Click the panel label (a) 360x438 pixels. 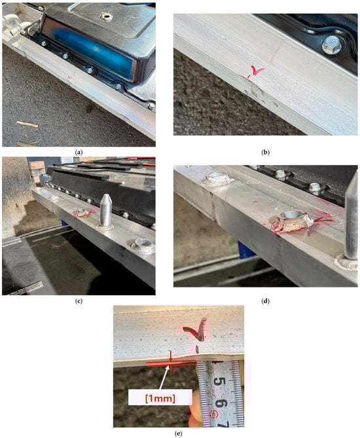pyautogui.click(x=79, y=153)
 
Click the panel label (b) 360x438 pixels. pyautogui.click(x=265, y=153)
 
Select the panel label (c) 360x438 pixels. pyautogui.click(x=79, y=301)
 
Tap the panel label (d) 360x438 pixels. pyautogui.click(x=265, y=301)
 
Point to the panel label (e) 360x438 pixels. pyautogui.click(x=178, y=433)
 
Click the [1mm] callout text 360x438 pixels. pyautogui.click(x=160, y=398)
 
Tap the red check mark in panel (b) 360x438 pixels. pyautogui.click(x=255, y=71)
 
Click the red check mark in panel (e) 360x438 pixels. pyautogui.click(x=196, y=329)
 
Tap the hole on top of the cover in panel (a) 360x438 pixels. pyautogui.click(x=106, y=16)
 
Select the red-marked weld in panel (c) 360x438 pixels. pyautogui.click(x=82, y=213)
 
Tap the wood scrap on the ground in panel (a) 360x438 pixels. pyautogui.click(x=27, y=124)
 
